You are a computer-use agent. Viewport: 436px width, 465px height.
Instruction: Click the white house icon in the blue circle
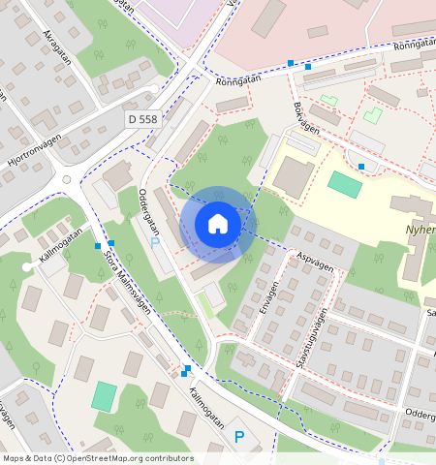[218, 224]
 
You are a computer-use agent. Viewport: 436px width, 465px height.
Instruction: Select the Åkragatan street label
[57, 47]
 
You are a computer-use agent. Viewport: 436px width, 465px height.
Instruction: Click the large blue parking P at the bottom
[239, 438]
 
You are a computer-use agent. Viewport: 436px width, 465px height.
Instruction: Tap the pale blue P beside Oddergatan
[154, 242]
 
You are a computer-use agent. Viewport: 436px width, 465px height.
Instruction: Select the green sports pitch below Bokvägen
[344, 183]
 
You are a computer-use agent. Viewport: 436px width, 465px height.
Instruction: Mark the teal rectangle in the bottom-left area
[104, 395]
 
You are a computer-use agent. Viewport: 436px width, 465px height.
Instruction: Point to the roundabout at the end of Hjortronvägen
[65, 179]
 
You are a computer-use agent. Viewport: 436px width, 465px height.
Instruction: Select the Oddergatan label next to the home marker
[148, 211]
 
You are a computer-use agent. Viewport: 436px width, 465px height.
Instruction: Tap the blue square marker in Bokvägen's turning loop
[360, 167]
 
